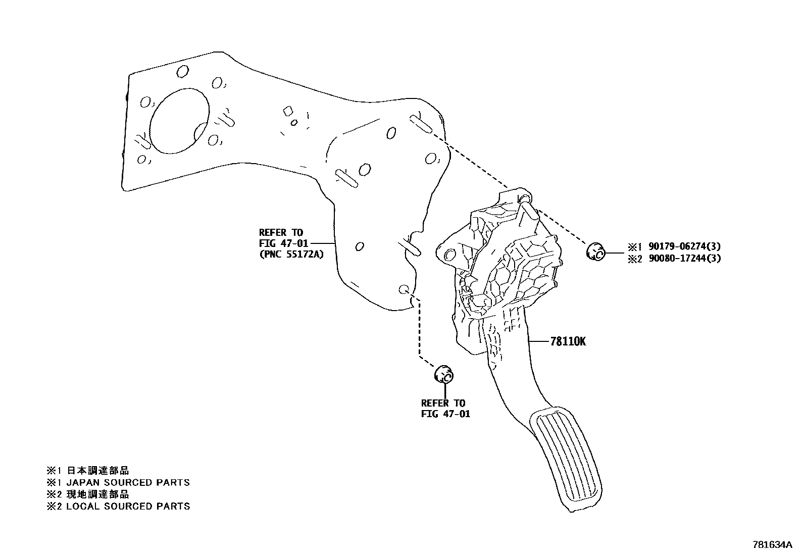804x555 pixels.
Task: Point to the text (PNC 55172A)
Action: (x=291, y=254)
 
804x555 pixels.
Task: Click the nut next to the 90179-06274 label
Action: (x=596, y=252)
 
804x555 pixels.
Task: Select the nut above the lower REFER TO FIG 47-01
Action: (x=444, y=375)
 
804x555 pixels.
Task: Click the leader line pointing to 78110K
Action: (x=538, y=341)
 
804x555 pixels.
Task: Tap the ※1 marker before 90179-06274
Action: (x=634, y=247)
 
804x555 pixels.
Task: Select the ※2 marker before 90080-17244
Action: (x=634, y=259)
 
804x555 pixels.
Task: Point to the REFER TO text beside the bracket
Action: (x=281, y=232)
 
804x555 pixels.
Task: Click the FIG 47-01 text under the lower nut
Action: (x=445, y=414)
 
